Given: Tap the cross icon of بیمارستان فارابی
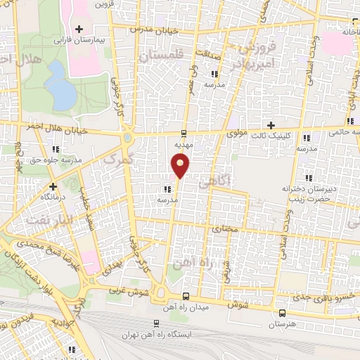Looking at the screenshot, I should pyautogui.click(x=78, y=29).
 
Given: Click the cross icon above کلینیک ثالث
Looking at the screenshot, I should pyautogui.click(x=280, y=125).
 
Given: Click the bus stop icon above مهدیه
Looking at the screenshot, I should pyautogui.click(x=184, y=133).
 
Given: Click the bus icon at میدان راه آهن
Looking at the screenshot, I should pyautogui.click(x=186, y=295).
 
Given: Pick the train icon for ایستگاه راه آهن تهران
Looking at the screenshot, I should pyautogui.click(x=155, y=324).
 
